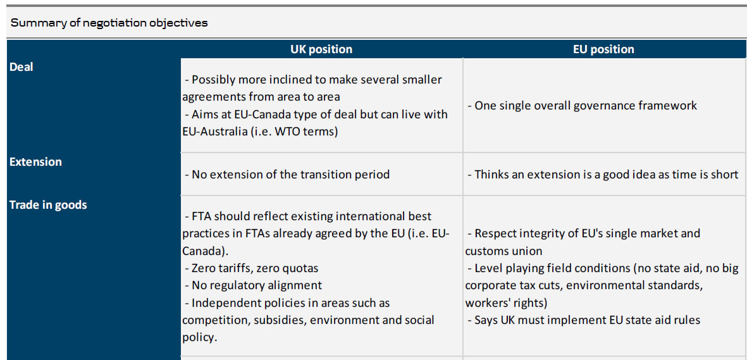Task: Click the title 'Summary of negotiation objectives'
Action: point(109,23)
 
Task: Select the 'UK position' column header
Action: point(321,49)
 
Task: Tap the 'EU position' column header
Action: point(603,49)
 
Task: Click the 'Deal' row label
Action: point(22,67)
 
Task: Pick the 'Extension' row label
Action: point(35,161)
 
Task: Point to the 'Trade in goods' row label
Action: point(48,205)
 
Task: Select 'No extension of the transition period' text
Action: point(287,175)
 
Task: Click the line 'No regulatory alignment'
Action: point(254,285)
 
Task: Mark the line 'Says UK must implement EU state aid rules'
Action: point(584,320)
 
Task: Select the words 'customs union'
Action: point(503,251)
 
